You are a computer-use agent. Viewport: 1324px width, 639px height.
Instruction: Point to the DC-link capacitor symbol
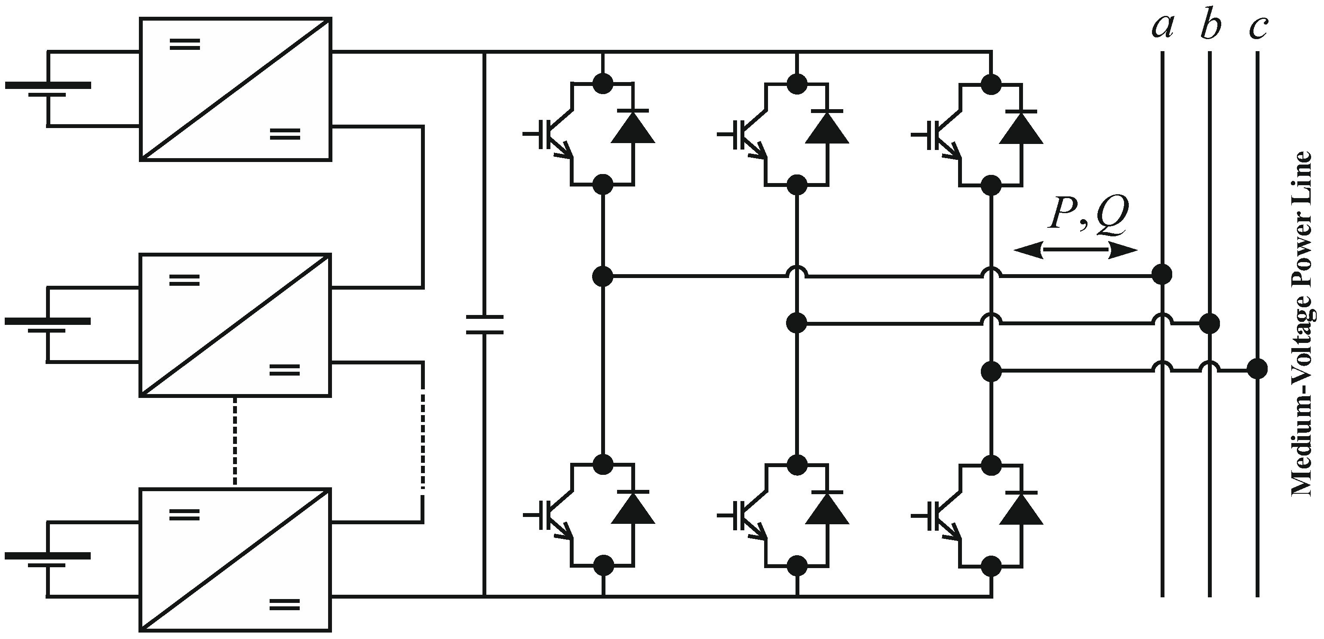click(484, 324)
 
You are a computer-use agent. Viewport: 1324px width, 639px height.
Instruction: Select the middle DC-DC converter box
click(235, 324)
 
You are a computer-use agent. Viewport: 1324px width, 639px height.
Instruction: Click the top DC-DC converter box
click(235, 89)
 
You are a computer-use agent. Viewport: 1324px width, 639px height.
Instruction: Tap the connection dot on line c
click(1257, 369)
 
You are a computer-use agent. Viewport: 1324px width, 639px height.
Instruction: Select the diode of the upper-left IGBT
click(633, 128)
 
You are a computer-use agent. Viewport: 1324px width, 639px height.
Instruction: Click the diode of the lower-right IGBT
click(1021, 510)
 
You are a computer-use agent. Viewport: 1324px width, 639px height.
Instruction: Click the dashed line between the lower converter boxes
click(235, 442)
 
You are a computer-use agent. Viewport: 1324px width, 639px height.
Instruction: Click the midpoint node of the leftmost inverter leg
click(603, 276)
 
